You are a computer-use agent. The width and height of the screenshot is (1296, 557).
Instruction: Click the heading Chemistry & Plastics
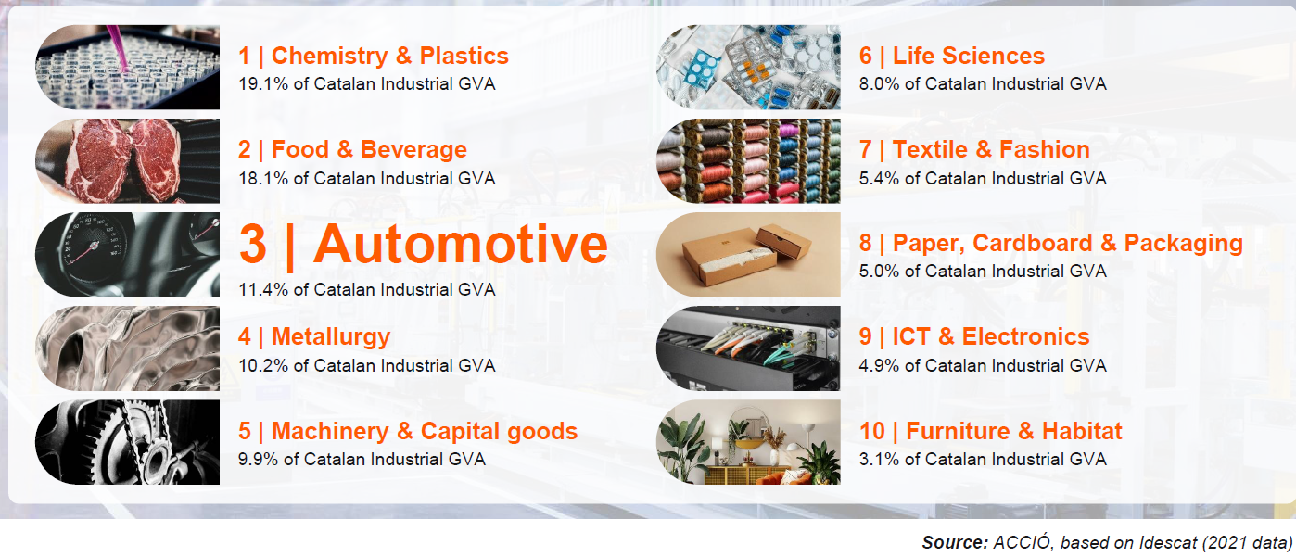click(x=390, y=57)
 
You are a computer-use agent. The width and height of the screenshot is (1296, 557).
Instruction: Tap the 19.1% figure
click(x=263, y=83)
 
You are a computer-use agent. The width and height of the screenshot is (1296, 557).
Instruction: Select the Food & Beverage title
click(x=369, y=150)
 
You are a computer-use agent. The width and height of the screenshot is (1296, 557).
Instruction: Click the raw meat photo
click(x=127, y=160)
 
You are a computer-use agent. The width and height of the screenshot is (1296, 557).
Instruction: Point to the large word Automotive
click(x=461, y=244)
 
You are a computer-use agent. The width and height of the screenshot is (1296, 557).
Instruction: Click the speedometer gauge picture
click(x=127, y=255)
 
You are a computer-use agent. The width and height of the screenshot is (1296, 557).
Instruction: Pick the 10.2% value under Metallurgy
click(x=263, y=365)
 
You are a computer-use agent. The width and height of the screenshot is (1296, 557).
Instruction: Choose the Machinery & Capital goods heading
click(x=425, y=432)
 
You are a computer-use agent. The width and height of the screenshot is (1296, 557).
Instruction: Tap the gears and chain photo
click(x=127, y=442)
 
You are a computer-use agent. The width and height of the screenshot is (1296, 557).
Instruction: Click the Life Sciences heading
click(x=969, y=57)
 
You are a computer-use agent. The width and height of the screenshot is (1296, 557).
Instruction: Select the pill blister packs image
click(x=748, y=67)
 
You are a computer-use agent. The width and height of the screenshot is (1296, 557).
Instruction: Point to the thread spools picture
click(x=748, y=160)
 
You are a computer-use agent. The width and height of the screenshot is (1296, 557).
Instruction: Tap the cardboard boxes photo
click(x=748, y=255)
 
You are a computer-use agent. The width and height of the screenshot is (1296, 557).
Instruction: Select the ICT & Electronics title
click(x=991, y=337)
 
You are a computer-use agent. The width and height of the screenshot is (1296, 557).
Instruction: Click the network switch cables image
click(x=748, y=348)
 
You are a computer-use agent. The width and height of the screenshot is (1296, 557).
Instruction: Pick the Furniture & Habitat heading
click(x=1014, y=432)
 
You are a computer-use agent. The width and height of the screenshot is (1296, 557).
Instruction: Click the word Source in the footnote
click(x=955, y=542)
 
